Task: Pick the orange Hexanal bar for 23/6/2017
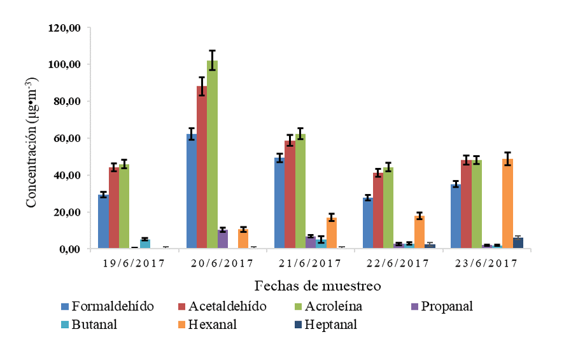(507, 204)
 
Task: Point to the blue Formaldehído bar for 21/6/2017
(279, 204)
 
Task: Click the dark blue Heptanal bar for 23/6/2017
(518, 243)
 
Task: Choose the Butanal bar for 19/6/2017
(145, 244)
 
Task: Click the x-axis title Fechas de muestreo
(318, 286)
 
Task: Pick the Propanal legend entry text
(449, 307)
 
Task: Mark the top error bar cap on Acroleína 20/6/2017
(212, 50)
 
